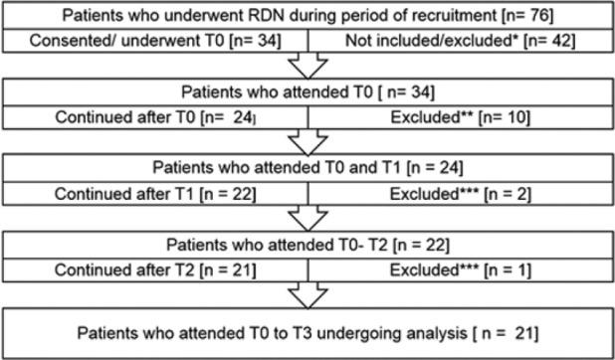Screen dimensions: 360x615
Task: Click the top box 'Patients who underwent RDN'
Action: tap(307, 17)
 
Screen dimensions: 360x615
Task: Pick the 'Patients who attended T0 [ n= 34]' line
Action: tap(307, 93)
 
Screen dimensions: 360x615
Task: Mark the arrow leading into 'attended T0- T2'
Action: tap(307, 217)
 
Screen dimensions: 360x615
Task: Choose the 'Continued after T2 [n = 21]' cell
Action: tap(154, 268)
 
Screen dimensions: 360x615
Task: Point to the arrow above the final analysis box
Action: tap(307, 294)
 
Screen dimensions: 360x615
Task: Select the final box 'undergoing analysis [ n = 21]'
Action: tap(307, 330)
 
